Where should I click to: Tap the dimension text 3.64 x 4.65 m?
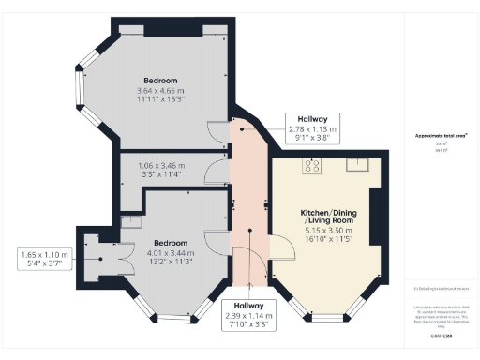pos(160,91)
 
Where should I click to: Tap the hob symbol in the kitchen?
pos(311,166)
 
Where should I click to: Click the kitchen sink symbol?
pos(356,165)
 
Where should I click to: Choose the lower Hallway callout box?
pos(248,316)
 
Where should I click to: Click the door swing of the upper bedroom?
pos(218,134)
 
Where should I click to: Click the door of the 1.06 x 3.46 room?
pos(217,172)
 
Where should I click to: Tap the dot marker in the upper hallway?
pos(242,129)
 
